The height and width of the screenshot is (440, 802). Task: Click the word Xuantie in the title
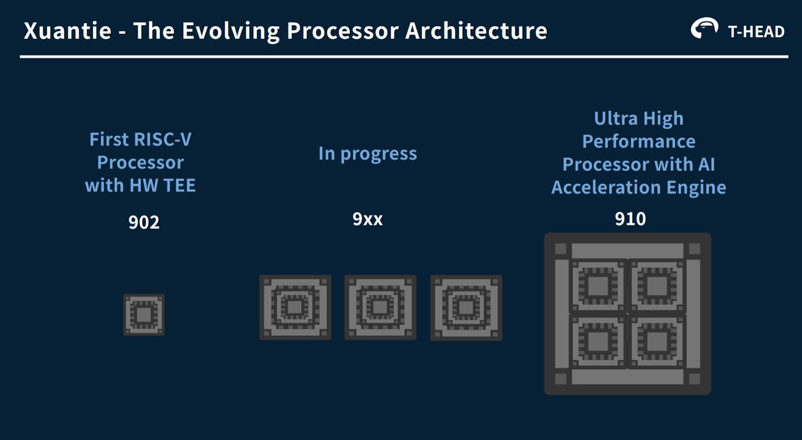tap(66, 31)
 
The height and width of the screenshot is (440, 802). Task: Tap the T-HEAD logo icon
tap(705, 28)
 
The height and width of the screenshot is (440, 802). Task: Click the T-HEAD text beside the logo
tap(756, 31)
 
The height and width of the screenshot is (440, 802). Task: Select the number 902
tap(144, 222)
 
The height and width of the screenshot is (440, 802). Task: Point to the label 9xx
tap(367, 219)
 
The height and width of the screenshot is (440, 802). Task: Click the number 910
tap(630, 219)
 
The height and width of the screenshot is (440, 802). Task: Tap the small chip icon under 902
tap(144, 315)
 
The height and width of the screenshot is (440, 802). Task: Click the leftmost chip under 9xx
tap(295, 307)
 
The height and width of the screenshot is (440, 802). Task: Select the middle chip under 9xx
tap(380, 307)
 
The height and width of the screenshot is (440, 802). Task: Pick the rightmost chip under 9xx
tap(466, 308)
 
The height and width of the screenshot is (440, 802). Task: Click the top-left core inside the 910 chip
tap(598, 286)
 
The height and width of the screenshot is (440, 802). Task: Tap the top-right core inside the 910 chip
tap(657, 286)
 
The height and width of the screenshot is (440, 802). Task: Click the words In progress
tap(367, 153)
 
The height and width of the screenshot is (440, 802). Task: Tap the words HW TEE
tap(162, 185)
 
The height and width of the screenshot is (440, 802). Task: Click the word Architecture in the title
tap(476, 31)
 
